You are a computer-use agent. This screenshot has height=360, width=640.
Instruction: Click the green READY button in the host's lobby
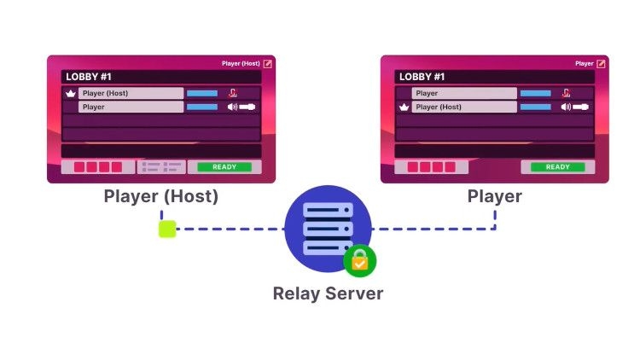tap(224, 167)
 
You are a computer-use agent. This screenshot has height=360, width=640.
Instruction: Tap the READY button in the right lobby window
tap(557, 167)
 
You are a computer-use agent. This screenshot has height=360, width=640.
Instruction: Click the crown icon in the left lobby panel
tap(71, 93)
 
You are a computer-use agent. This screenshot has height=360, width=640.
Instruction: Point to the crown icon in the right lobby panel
tap(404, 107)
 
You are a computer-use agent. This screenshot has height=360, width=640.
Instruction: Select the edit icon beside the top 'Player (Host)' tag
tap(267, 63)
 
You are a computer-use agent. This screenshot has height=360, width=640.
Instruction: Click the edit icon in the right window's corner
tap(601, 63)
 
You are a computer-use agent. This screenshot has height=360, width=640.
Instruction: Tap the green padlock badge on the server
tap(359, 262)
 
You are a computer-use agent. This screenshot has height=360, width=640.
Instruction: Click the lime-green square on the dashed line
tap(167, 229)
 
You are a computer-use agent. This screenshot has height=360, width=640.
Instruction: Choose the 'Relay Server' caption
tap(328, 293)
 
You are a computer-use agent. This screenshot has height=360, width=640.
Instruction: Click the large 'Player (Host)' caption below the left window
tap(161, 196)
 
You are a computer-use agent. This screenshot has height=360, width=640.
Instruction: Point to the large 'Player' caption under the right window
tap(495, 196)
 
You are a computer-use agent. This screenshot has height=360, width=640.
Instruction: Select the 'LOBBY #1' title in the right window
tap(422, 77)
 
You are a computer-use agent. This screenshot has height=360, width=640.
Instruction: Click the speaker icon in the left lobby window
tap(232, 107)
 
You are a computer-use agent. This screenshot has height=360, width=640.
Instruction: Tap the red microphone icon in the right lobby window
tap(566, 93)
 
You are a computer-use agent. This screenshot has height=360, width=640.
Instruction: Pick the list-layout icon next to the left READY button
tap(161, 167)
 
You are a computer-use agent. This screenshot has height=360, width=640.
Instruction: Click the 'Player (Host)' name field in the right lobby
tap(463, 107)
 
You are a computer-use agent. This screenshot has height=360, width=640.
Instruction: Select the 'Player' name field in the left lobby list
tap(131, 107)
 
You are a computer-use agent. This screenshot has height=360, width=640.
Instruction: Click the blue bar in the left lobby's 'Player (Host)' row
tap(202, 93)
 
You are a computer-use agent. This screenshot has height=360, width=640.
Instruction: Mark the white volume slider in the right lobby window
tap(581, 107)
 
